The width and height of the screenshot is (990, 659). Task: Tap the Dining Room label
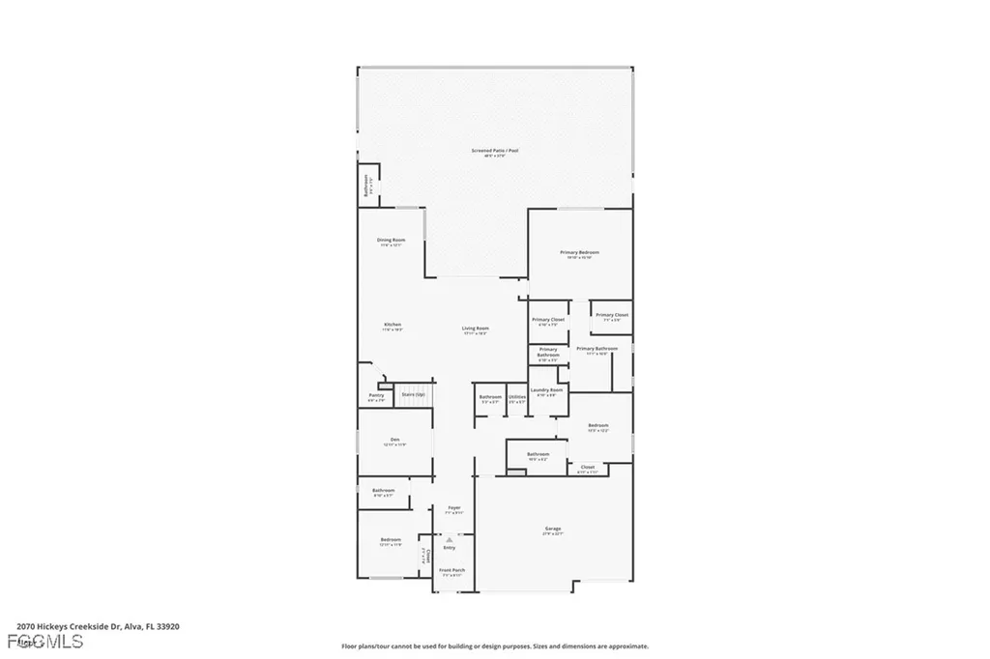[391, 240]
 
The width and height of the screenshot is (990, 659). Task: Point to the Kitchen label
[392, 325]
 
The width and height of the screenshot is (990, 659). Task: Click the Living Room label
[475, 329]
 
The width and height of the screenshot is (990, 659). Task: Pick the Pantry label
[376, 395]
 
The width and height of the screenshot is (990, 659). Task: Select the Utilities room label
[517, 397]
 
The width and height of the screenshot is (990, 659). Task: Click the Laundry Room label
[546, 390]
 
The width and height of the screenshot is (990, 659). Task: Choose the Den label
[395, 440]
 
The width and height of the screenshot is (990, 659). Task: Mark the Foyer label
[453, 507]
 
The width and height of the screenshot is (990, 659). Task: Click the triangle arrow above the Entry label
[449, 539]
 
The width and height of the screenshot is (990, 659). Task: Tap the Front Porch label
[452, 570]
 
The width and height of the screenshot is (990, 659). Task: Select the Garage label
[553, 529]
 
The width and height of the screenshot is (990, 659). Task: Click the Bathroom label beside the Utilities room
[490, 397]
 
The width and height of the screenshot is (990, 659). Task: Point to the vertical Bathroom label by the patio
[366, 184]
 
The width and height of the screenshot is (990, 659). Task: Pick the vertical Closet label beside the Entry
[426, 557]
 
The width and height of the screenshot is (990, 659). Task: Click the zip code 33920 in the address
[166, 627]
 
